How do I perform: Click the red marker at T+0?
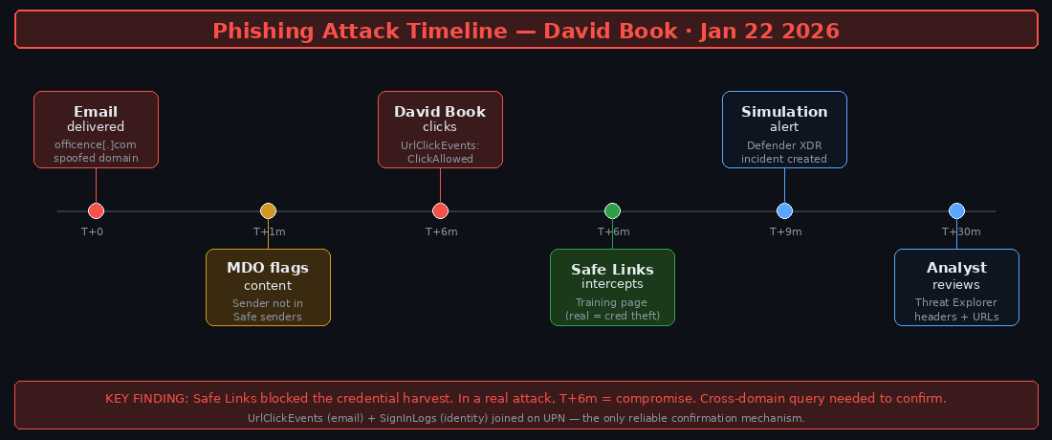coord(96,210)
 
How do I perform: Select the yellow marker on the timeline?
coord(268,210)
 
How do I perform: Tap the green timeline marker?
coord(612,210)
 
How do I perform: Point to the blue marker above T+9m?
coord(784,210)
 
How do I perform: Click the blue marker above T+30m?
coord(956,210)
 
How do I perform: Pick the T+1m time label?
coord(269,231)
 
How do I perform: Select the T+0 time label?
coord(92,231)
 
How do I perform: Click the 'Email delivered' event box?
coord(96,129)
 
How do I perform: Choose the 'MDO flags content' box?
coord(268,287)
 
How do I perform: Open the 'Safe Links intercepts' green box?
coord(612,287)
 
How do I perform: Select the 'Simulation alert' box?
coord(784,129)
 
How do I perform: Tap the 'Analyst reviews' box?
coord(956,287)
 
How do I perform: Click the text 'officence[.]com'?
coord(96,144)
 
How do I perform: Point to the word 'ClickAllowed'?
coord(440,159)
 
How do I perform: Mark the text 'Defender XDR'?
coord(784,145)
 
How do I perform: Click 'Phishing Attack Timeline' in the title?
coord(360,31)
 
